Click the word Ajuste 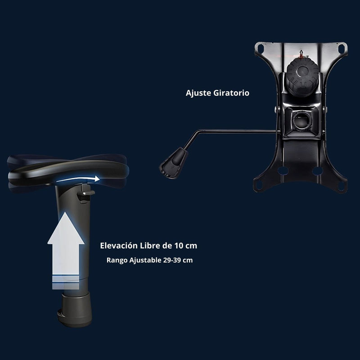click(x=198, y=94)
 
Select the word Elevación click(x=119, y=246)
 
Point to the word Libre click(x=150, y=246)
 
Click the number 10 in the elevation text click(x=178, y=246)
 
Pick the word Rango click(x=116, y=260)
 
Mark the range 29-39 click(x=174, y=260)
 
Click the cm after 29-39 click(x=189, y=260)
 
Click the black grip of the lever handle click(x=173, y=162)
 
